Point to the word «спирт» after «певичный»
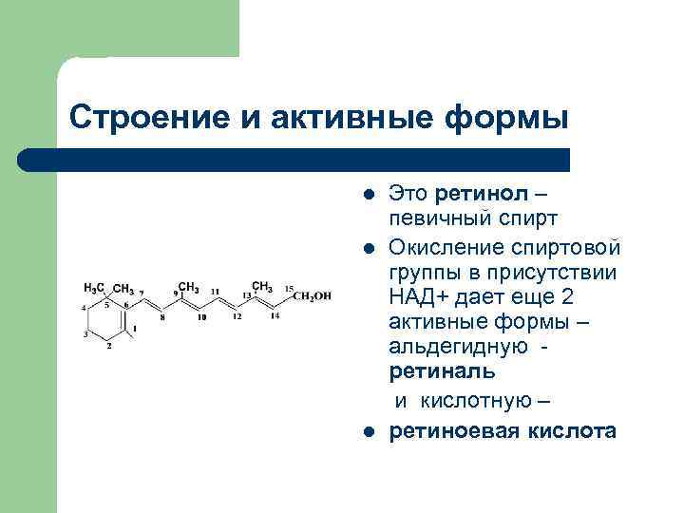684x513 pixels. (516, 219)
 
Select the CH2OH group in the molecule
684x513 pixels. (313, 296)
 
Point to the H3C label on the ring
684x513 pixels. (94, 287)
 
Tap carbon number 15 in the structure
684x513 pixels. (290, 288)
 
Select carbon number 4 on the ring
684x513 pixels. (84, 308)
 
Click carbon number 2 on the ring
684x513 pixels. (109, 346)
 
